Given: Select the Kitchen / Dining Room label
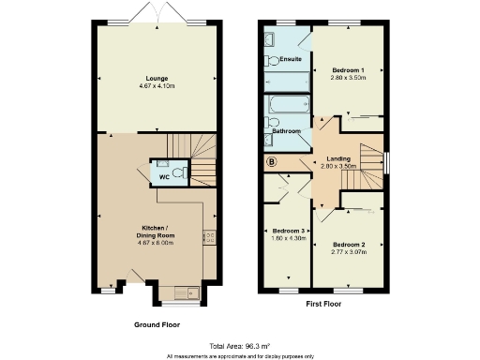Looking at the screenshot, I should click(156, 231).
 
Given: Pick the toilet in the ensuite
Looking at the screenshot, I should click(272, 61).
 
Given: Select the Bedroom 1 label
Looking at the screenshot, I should click(348, 70).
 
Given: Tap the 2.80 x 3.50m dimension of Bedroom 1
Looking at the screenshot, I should click(348, 79).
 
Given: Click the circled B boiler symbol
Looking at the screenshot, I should click(272, 162).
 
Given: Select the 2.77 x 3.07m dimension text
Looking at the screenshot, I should click(348, 251).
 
